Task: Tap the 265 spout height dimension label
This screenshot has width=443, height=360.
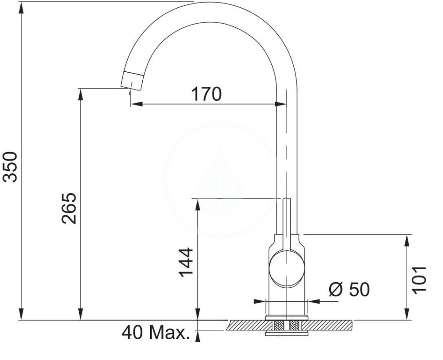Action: (69, 208)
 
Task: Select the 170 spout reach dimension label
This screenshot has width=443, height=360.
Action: (206, 94)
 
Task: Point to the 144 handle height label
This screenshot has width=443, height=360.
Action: (186, 262)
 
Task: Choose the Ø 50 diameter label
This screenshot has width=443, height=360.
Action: (349, 289)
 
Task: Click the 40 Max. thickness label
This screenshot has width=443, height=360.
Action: (156, 333)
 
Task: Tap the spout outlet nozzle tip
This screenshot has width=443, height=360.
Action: (132, 81)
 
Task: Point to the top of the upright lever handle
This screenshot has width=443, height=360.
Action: (287, 199)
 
